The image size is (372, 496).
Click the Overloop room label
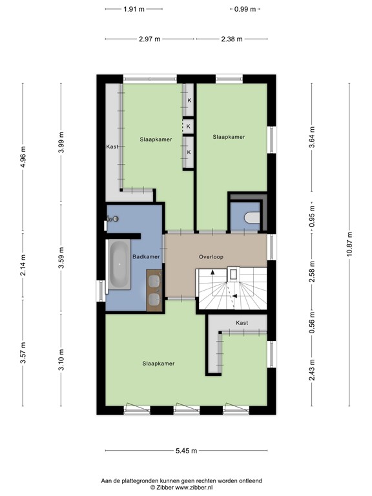pyautogui.click(x=211, y=256)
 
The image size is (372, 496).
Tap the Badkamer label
pyautogui.click(x=145, y=256)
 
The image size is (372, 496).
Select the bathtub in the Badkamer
pyautogui.click(x=119, y=264)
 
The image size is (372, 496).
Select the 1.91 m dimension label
pyautogui.click(x=134, y=9)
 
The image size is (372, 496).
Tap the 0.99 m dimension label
pyautogui.click(x=245, y=9)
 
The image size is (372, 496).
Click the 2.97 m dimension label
pyautogui.click(x=149, y=39)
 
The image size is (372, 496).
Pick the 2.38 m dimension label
pyautogui.click(x=231, y=39)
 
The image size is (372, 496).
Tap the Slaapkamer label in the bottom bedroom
pyautogui.click(x=158, y=364)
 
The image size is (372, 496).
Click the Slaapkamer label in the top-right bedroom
pyautogui.click(x=229, y=137)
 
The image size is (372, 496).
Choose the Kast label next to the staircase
pyautogui.click(x=242, y=322)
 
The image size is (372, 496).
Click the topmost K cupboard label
pyautogui.click(x=189, y=101)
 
